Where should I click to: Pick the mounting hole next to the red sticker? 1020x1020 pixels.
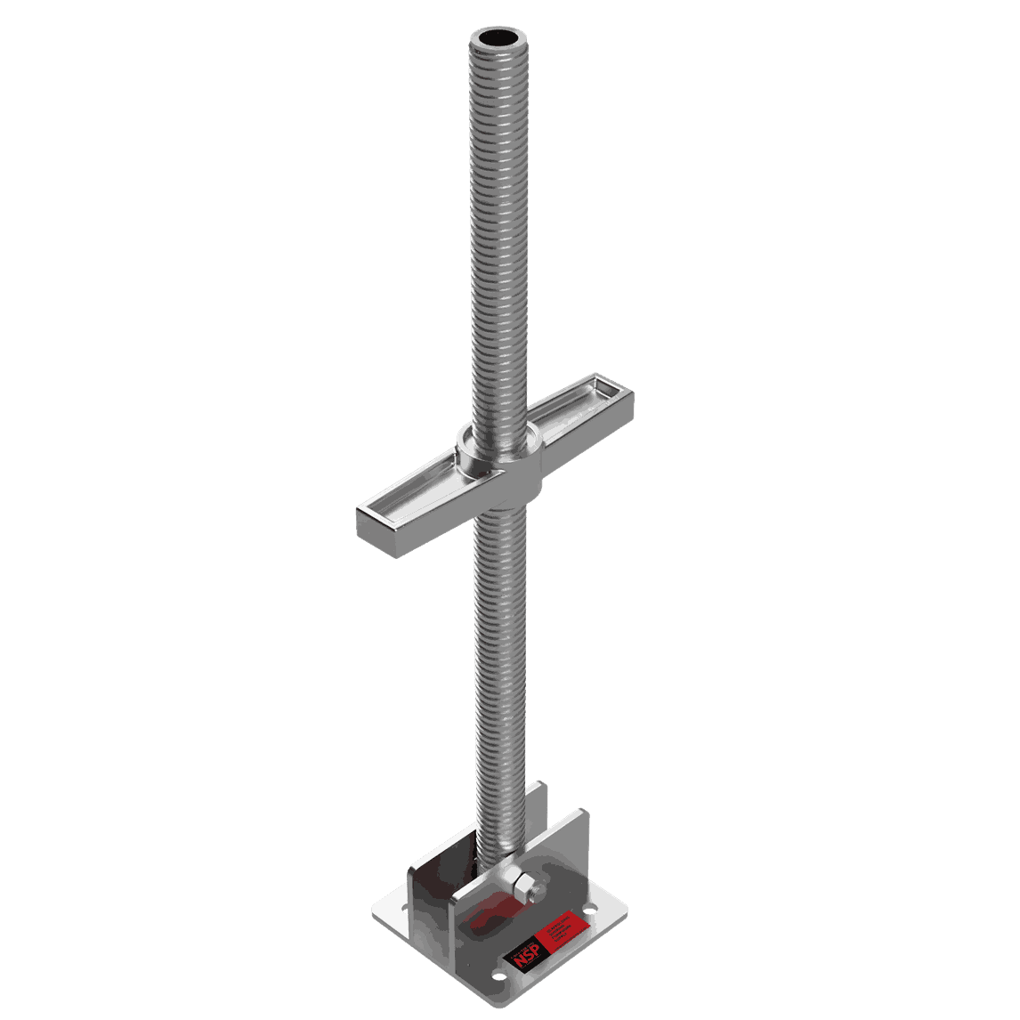pos(589,911)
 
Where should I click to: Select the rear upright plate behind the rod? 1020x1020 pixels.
pos(534,810)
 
